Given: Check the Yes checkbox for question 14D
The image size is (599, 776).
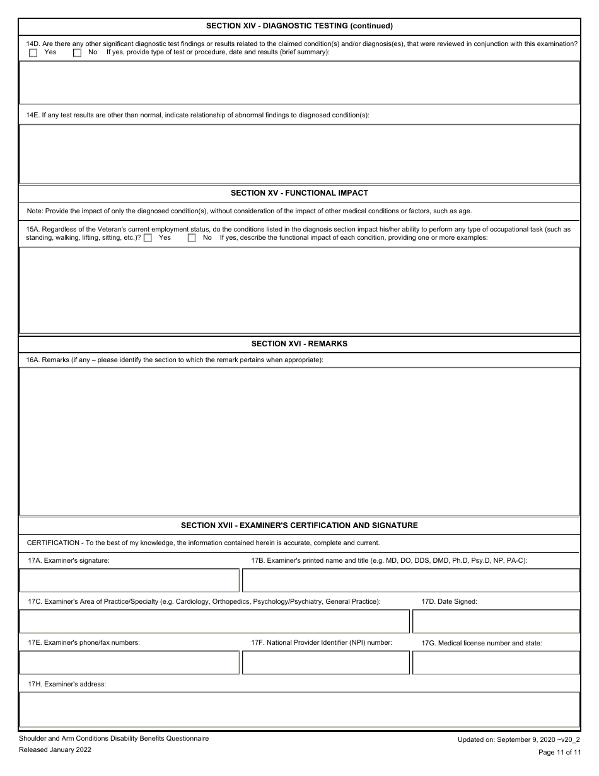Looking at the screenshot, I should tap(33, 53).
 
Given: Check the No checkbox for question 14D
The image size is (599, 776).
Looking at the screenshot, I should tap(78, 53).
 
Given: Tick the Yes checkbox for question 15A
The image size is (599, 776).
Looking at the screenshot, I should tap(148, 238).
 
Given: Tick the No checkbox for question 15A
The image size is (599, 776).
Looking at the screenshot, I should tap(192, 238).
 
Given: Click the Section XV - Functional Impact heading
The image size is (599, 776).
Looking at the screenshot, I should tap(299, 193).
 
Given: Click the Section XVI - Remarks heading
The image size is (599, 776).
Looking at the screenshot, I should tap(299, 344).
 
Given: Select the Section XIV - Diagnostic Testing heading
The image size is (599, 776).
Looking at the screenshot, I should tap(299, 26).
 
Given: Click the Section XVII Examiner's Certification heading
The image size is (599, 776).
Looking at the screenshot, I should tap(299, 526).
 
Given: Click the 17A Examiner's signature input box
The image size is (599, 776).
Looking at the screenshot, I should tap(129, 580).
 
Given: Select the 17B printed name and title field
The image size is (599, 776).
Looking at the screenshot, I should tap(410, 580).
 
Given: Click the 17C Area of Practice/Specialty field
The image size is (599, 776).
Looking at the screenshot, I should tap(214, 621).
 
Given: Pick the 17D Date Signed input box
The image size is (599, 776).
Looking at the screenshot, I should tap(496, 621).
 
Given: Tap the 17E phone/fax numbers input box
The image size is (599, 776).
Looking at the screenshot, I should tap(129, 662).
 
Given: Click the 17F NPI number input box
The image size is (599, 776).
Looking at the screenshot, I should tap(325, 662).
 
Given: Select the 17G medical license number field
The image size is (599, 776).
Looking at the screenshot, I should tap(496, 662).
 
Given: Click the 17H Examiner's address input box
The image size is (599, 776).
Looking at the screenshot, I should tap(299, 709).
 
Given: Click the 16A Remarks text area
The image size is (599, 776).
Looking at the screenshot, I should tap(299, 441).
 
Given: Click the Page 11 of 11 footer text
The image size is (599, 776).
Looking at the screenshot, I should tap(559, 752).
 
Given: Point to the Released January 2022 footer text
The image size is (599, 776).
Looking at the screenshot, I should tap(55, 750).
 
